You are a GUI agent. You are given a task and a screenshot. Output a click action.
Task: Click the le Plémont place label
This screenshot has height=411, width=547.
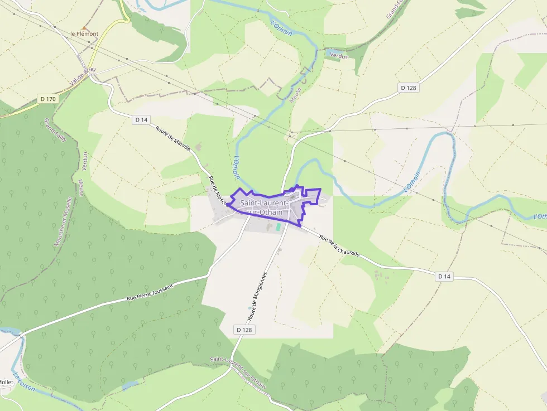(x=84, y=34)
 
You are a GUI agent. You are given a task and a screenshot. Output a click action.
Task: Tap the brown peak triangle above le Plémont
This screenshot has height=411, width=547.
(x=84, y=27)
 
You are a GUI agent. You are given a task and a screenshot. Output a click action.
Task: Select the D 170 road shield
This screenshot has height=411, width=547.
(x=49, y=99)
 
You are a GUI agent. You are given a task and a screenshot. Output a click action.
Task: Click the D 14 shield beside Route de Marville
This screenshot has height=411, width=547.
(x=141, y=119)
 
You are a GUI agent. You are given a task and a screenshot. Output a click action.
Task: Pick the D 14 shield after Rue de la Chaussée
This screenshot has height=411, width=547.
(x=444, y=276)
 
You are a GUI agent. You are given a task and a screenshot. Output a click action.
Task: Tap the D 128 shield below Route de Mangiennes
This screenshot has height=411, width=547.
(x=244, y=330)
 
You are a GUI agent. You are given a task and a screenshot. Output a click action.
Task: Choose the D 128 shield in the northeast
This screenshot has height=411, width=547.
(x=409, y=88)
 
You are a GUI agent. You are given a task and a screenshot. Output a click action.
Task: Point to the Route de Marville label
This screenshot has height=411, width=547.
(x=174, y=139)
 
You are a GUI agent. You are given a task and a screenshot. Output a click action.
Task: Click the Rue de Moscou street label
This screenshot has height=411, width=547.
(x=219, y=191)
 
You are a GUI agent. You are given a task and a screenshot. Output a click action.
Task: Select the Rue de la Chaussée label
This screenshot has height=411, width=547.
(x=339, y=245)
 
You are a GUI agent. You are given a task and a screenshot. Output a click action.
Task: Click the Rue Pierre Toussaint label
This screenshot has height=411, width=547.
(x=150, y=292)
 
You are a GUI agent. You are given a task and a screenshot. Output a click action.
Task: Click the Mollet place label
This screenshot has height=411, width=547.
(x=6, y=382)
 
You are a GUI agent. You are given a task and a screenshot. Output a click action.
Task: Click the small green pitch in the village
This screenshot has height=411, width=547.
(x=278, y=227)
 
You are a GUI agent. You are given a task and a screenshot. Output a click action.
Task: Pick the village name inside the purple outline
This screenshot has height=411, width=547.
(x=265, y=207)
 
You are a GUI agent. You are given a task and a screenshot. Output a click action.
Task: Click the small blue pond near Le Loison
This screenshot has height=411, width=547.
(x=129, y=385)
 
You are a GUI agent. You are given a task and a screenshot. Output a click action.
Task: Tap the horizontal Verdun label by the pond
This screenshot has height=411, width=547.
(x=339, y=56)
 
